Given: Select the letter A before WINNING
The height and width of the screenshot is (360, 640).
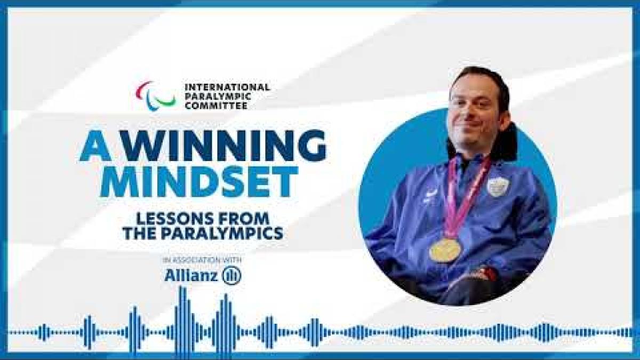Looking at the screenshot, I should [94, 146].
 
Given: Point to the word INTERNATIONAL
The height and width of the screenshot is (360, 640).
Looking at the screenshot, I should [227, 87].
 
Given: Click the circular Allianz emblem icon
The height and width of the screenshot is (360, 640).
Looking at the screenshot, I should [231, 275].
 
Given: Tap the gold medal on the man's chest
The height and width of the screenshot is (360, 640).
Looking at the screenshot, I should [445, 249].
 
